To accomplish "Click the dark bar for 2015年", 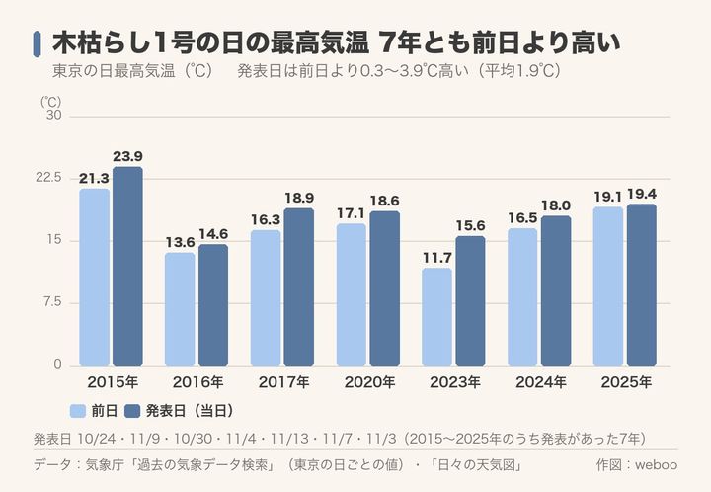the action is click(x=127, y=266).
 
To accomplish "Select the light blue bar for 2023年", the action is click(x=436, y=316).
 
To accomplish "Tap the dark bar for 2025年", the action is click(x=642, y=285).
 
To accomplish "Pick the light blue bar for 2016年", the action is click(x=180, y=309).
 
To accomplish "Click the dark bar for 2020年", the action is click(x=384, y=288).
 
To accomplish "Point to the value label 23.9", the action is click(x=127, y=156).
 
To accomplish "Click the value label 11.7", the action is click(x=437, y=258).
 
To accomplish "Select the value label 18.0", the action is click(x=556, y=205).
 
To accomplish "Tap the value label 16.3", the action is click(x=266, y=220).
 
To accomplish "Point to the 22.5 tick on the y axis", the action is click(x=48, y=177).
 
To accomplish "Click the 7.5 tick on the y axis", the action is click(x=52, y=302).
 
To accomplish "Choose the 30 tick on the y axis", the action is click(x=54, y=116).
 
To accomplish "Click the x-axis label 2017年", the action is click(x=283, y=382).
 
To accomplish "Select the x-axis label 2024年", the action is click(x=540, y=382).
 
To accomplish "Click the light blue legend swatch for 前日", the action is click(x=78, y=411).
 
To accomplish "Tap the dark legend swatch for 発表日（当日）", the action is click(x=132, y=411).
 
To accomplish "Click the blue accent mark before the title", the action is click(x=37, y=44).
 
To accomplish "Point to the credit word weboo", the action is click(x=656, y=464).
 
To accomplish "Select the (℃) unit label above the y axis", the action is click(x=50, y=102).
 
